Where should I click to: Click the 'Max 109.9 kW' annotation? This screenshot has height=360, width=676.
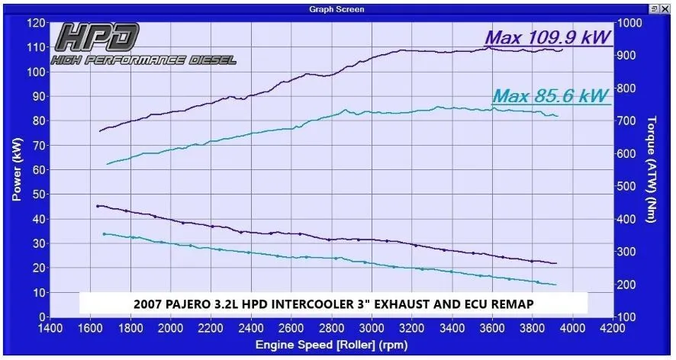tap(547, 36)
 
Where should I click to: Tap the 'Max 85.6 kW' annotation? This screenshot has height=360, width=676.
tap(550, 96)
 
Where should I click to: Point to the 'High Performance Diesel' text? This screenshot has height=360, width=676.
tap(143, 60)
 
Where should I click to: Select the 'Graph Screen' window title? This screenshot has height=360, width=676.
tap(336, 9)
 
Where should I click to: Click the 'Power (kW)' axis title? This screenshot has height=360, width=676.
tap(16, 169)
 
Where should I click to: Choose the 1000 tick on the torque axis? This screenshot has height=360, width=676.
tap(629, 23)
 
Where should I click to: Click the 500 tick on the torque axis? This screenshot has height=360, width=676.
tap(627, 186)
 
